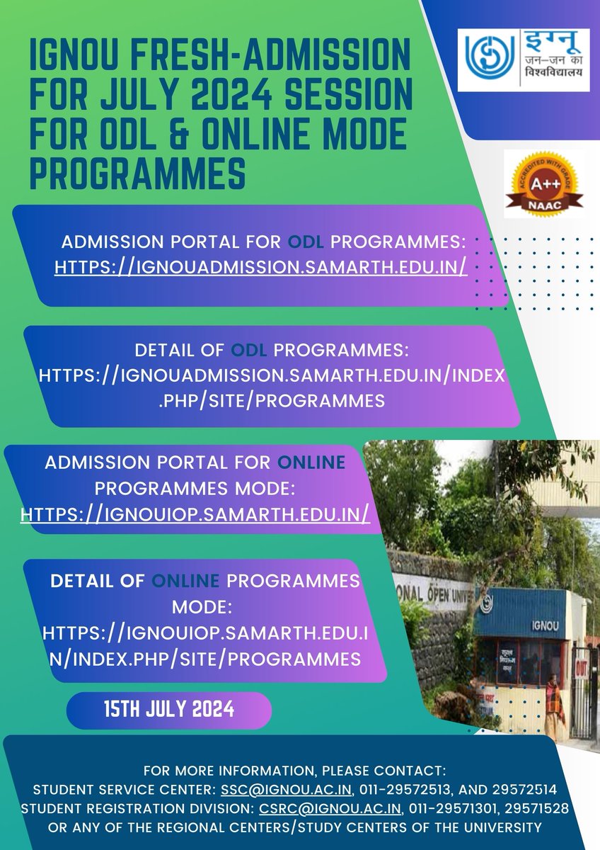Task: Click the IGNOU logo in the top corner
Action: click(523, 59)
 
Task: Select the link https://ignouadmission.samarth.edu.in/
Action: click(261, 267)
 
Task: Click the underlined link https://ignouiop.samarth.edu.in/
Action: click(195, 513)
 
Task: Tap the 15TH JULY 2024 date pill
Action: click(169, 709)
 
